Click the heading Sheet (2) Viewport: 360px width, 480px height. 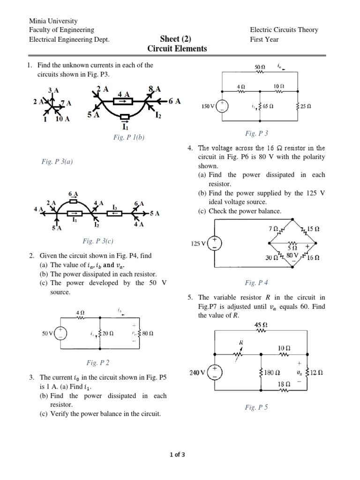176,39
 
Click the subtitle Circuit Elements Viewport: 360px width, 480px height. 177,49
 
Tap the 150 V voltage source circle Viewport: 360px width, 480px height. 222,106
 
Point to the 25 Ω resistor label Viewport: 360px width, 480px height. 306,106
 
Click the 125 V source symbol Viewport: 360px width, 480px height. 215,243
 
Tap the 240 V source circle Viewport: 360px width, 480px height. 215,373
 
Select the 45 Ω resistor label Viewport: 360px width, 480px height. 261,324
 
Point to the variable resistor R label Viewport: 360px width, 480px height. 241,343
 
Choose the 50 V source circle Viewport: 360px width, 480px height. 61,334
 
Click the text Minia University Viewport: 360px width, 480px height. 53,21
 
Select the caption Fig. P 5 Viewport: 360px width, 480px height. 256,407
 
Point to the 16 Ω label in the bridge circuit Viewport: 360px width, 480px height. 314,257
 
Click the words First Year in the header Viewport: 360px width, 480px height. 264,39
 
